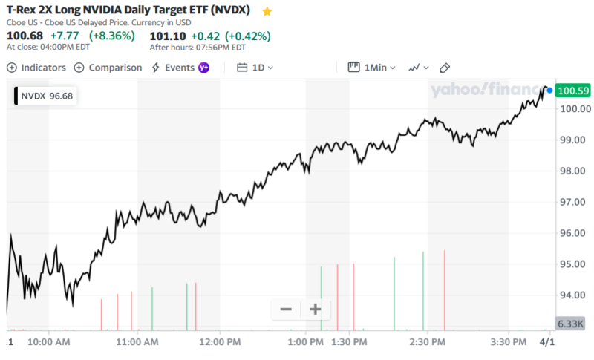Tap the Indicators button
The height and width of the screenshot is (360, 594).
tap(36, 68)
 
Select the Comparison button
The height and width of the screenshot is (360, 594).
tap(108, 68)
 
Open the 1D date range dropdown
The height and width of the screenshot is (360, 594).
tap(255, 68)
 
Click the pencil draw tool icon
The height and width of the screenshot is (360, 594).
tap(445, 68)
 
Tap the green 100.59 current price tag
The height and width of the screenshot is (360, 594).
tap(572, 91)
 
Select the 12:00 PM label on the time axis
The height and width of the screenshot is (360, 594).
tap(221, 342)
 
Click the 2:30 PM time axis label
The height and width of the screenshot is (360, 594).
tap(427, 342)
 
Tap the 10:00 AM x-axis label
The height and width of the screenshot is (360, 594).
tap(49, 342)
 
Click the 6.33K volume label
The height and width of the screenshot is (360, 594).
tap(571, 324)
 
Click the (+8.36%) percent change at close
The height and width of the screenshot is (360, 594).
tap(112, 36)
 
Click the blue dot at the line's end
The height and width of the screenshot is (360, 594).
tap(549, 90)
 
